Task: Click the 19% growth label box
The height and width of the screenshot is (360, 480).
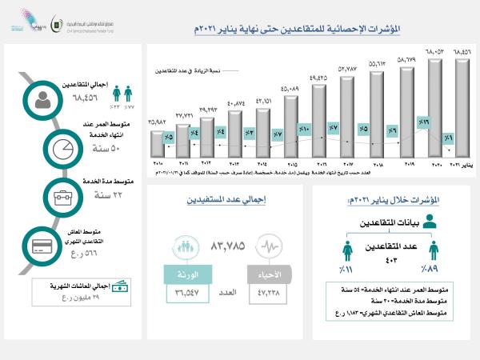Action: (x=425, y=123)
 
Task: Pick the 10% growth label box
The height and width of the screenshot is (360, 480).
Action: (x=304, y=128)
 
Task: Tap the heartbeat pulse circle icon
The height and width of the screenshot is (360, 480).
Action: (x=266, y=246)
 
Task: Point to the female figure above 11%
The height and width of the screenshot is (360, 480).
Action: (x=349, y=252)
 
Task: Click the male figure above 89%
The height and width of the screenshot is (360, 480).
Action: (x=433, y=252)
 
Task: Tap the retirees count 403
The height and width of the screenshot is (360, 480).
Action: (x=391, y=258)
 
